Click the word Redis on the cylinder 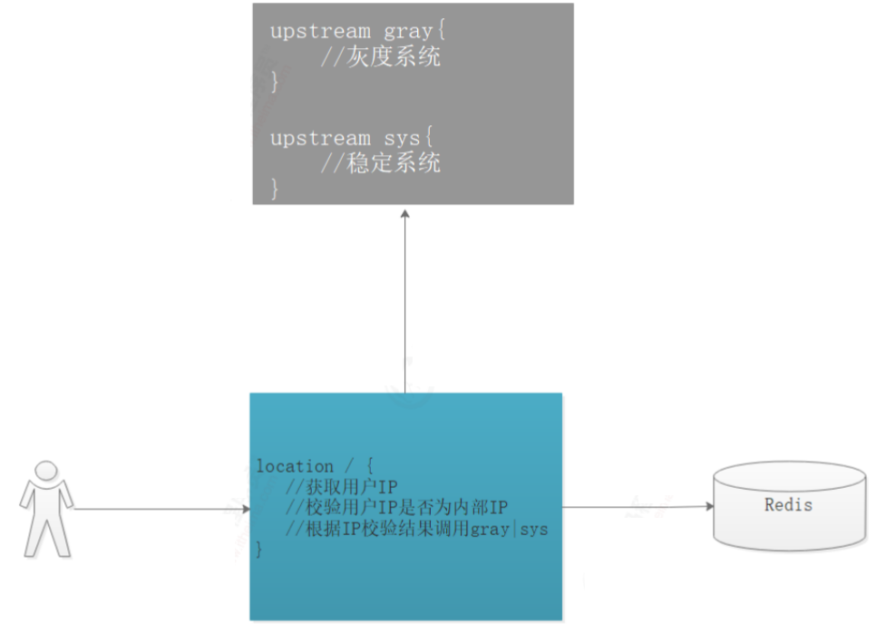pos(788,504)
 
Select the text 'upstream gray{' pos(358,31)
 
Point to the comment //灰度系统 pos(381,57)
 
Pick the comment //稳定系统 pos(381,164)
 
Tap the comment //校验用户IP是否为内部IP pos(396,507)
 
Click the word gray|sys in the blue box pos(510,528)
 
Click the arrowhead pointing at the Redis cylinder pos(709,507)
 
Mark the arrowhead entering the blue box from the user pos(245,510)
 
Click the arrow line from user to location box pos(154,510)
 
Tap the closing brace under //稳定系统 pos(276,189)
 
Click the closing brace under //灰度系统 pos(276,82)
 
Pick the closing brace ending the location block pos(260,549)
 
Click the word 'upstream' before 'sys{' pos(320,139)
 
